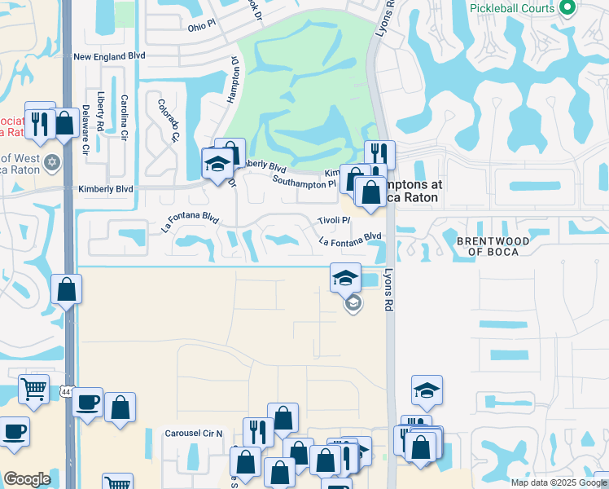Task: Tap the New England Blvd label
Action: [109, 57]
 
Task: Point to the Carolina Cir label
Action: [125, 117]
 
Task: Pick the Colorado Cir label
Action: [168, 120]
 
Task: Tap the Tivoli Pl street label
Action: [334, 221]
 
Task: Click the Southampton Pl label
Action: [304, 182]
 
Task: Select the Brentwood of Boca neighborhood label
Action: [493, 246]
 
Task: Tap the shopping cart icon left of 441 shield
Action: [33, 389]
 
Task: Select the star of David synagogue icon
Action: [53, 161]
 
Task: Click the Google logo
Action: [27, 479]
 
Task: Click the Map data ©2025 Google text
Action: [558, 482]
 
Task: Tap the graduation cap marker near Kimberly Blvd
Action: [217, 165]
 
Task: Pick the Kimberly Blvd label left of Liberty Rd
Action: [105, 189]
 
